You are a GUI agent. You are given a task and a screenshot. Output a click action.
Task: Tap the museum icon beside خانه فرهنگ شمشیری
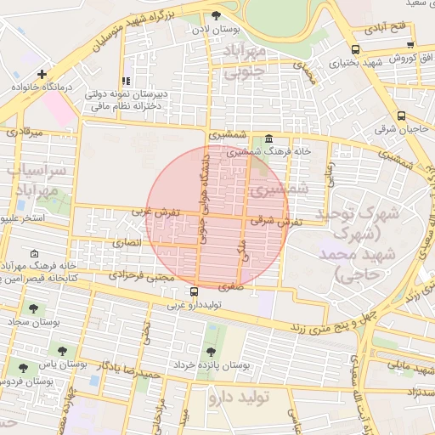pos(269,138)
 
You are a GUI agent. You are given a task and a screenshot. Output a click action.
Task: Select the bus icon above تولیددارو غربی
pos(195,291)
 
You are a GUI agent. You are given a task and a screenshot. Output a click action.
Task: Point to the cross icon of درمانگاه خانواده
pos(42,74)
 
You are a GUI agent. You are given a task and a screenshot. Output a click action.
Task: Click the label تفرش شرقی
pos(272,219)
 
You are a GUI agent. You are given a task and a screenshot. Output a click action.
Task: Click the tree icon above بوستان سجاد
pos(33,309)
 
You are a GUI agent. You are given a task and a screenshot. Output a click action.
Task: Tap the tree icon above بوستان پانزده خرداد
pos(210,352)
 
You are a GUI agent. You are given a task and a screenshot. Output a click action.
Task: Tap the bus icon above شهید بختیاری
pos(354,49)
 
